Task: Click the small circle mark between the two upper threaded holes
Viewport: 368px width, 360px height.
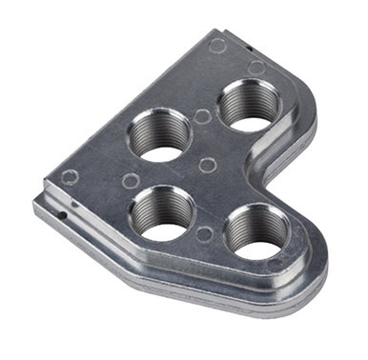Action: [x=201, y=116]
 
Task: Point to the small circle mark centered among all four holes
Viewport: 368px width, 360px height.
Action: [x=207, y=165]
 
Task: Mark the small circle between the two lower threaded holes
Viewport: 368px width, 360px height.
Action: [x=204, y=233]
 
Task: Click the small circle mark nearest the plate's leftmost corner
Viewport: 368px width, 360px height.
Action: [x=70, y=177]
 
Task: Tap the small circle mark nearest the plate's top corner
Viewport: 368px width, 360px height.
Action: [x=217, y=45]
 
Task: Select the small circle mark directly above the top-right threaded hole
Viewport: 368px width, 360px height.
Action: [x=256, y=68]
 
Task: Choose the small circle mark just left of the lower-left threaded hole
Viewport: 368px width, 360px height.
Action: [x=131, y=180]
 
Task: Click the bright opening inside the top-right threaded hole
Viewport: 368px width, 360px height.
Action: [x=249, y=123]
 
